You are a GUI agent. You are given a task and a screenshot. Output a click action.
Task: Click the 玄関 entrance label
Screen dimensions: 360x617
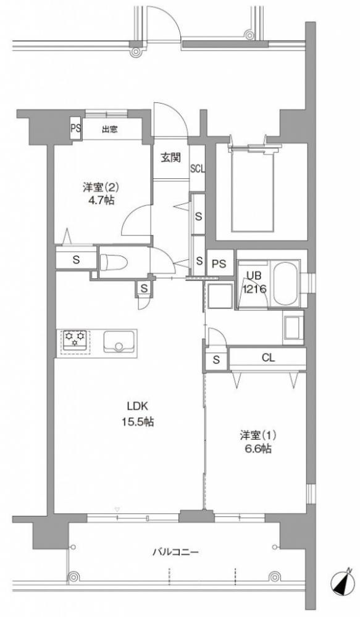(171, 158)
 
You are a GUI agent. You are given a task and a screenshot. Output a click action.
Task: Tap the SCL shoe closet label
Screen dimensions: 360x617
(198, 169)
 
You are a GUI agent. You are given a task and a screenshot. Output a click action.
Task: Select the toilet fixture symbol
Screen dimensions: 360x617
(114, 262)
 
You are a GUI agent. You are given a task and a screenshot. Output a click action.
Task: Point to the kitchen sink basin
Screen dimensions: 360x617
(118, 342)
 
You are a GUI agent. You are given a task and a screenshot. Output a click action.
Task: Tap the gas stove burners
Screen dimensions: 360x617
(75, 339)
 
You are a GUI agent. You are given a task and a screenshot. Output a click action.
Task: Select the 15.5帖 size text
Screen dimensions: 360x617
(137, 422)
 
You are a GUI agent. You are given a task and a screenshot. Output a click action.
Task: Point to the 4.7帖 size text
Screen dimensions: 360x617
(98, 201)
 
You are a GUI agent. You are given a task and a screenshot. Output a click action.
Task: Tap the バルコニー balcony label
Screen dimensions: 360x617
(176, 552)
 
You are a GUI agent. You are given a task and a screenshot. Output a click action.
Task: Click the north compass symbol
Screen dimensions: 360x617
(341, 584)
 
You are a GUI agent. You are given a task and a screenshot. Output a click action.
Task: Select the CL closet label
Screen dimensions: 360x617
(268, 358)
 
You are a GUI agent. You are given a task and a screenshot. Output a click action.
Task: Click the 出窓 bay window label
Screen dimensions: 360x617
(109, 129)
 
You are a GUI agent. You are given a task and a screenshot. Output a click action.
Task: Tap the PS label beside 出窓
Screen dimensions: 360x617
(75, 128)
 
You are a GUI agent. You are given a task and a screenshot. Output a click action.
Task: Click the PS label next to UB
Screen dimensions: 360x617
(219, 263)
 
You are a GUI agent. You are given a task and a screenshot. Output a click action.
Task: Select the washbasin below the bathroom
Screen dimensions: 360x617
(293, 328)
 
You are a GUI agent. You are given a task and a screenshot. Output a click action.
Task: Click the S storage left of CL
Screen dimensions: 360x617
(216, 359)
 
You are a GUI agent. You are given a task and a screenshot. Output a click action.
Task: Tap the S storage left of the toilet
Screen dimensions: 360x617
(76, 260)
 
